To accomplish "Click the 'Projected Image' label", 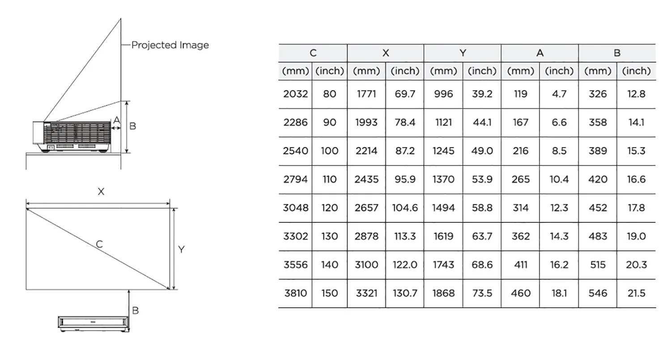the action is point(170,45).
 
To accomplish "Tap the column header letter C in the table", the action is point(313,53).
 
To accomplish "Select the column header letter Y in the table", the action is point(463,53).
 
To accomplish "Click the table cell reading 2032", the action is point(295,94).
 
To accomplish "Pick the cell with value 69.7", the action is point(405,94).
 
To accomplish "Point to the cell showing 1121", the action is point(443,123).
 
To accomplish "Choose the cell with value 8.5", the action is point(559,151).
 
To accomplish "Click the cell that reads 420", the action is point(598,179).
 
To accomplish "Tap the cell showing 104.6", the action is point(405,208).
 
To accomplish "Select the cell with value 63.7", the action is point(482,236).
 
